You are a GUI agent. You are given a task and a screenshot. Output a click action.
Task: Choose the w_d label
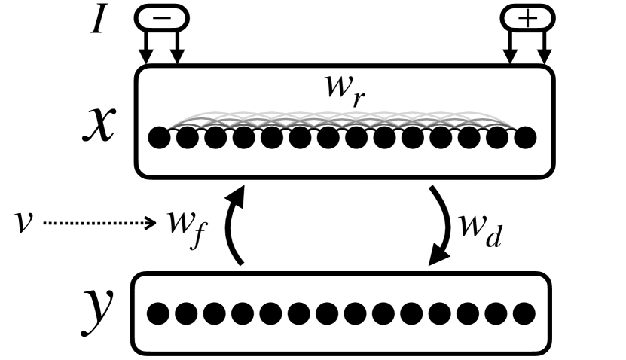[476, 224]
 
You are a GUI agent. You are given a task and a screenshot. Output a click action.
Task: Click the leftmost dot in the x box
[159, 138]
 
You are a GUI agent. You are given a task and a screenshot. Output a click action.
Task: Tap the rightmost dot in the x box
[524, 138]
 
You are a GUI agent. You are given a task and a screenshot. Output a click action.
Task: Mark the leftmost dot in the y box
[156, 311]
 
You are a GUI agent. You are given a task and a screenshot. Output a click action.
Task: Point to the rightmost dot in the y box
[524, 311]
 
